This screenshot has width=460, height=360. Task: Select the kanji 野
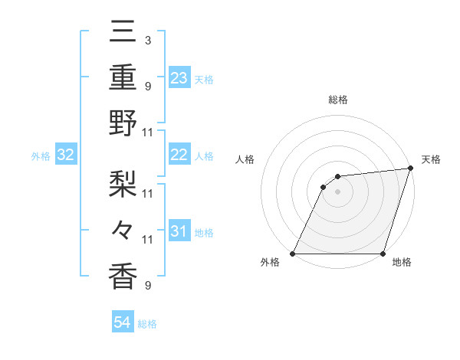[123, 123]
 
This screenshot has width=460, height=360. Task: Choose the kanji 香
[123, 276]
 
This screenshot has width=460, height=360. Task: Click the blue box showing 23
[179, 78]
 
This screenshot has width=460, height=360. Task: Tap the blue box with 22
[179, 155]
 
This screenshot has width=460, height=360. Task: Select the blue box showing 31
[179, 231]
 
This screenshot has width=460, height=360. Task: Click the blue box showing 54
[123, 322]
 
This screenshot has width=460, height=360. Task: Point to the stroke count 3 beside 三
[147, 39]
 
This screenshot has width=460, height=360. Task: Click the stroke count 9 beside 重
[147, 85]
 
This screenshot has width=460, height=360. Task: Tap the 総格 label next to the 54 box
[147, 324]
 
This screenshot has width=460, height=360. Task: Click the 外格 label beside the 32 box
[41, 156]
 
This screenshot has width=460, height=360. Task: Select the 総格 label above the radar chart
[337, 100]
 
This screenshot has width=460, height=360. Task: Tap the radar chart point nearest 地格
[383, 254]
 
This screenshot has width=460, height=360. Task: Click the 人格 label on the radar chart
[245, 159]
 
